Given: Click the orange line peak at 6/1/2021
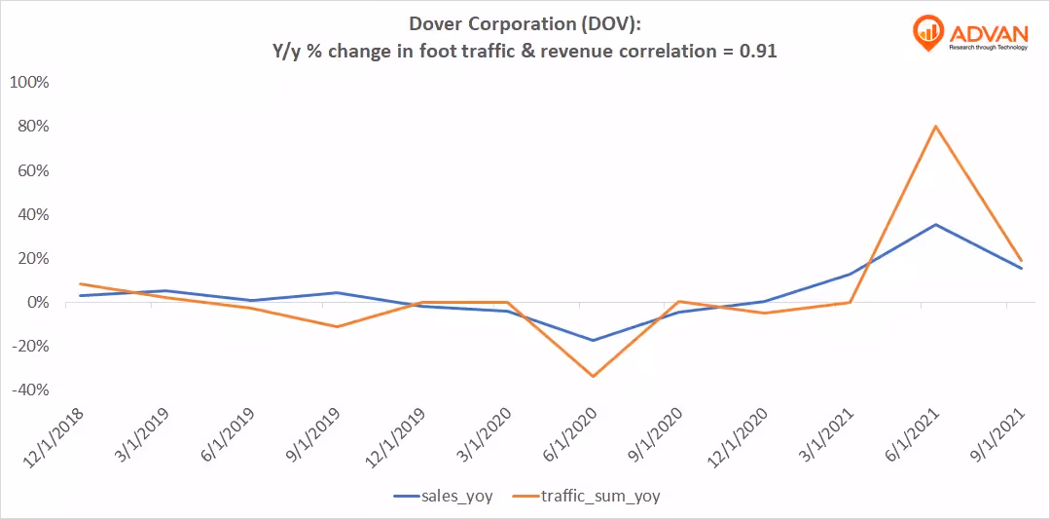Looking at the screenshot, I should point(934,126).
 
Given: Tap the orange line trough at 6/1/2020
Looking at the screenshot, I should point(593,377).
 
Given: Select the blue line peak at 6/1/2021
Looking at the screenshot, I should point(934,225).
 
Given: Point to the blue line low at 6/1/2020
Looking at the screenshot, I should point(593,341).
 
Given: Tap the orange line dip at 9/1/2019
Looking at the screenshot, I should point(337,326).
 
